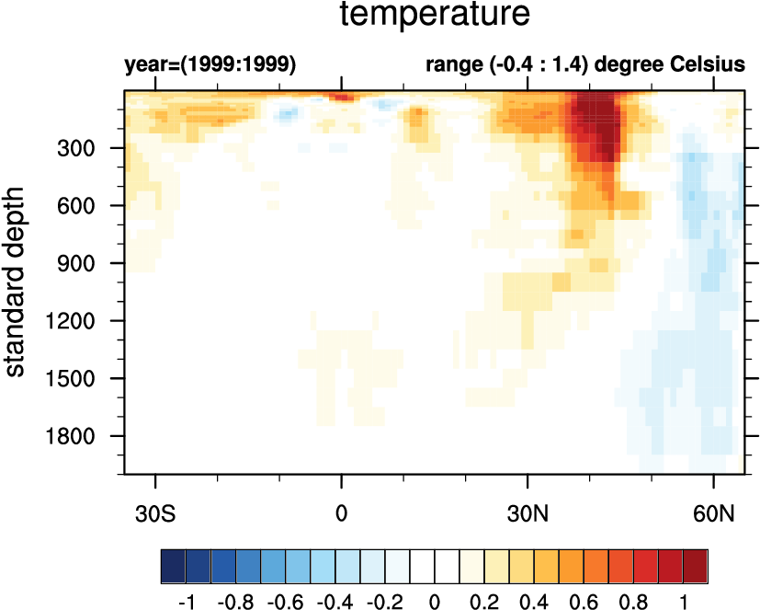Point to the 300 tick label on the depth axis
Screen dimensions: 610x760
pos(84,148)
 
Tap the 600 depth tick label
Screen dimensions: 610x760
pos(84,206)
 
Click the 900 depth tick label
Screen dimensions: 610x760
pos(84,263)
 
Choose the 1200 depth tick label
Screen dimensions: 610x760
pos(78,321)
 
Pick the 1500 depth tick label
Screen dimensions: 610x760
pos(78,378)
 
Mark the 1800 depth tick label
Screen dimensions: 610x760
pos(78,436)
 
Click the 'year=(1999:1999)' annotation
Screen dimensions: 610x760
pos(210,65)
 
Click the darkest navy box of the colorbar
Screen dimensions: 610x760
pos(173,563)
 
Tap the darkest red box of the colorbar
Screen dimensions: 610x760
pos(696,563)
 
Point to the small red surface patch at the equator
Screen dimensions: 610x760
pos(342,96)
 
